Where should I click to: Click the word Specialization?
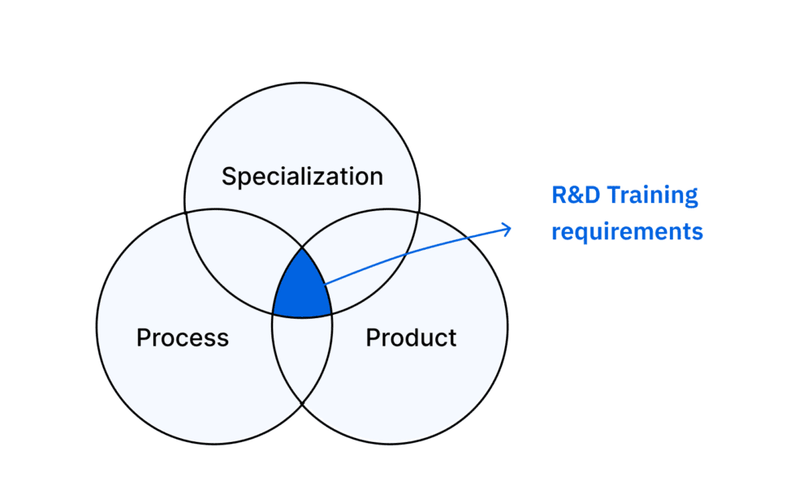[302, 177]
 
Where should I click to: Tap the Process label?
[182, 337]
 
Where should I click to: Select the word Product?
[411, 337]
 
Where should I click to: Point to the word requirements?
[627, 231]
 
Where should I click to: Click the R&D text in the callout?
[576, 195]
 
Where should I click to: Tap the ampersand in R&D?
[576, 195]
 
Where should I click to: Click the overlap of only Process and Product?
[302, 357]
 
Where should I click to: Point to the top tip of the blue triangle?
[302, 247]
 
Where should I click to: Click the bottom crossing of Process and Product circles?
[302, 403]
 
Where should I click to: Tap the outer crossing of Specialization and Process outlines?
[185, 213]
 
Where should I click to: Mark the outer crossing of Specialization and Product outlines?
[419, 212]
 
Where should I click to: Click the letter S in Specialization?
[230, 176]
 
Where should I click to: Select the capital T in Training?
[615, 195]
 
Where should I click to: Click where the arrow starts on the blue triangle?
[326, 284]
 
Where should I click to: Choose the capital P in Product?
[373, 337]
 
